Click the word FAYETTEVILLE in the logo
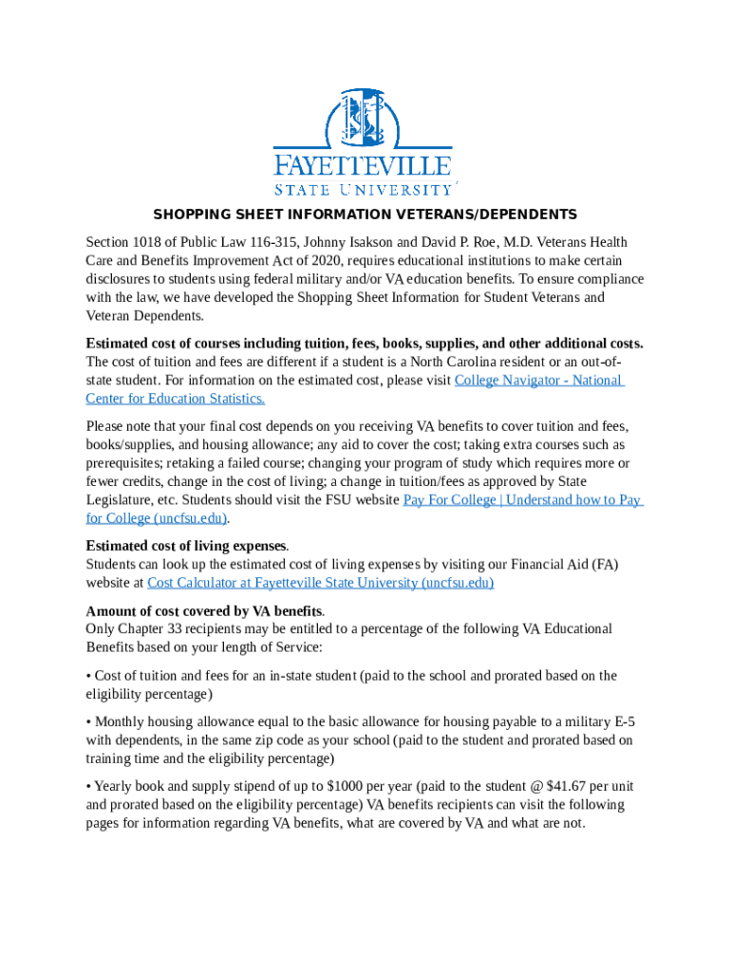pos(363,166)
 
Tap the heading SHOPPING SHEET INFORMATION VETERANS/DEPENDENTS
pos(365,215)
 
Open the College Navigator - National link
pos(538,381)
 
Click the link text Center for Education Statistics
pos(176,399)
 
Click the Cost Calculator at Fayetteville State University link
pos(321,583)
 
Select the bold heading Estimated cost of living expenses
pos(186,546)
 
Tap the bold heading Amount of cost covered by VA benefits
pos(204,610)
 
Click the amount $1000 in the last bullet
pos(343,787)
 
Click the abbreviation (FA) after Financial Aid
pos(604,565)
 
